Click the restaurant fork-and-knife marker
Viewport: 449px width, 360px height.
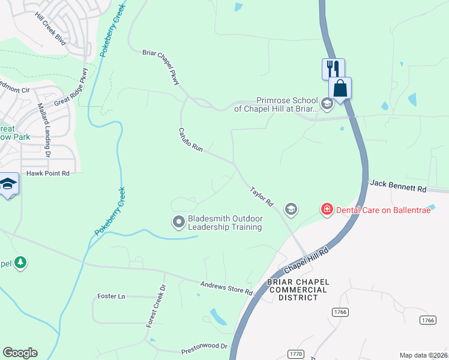[333, 68]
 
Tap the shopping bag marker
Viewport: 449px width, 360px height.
[340, 88]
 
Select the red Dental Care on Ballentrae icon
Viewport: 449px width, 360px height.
[327, 209]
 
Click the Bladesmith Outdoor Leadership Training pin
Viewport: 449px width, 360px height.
[178, 222]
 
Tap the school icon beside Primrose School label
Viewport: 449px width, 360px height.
[327, 104]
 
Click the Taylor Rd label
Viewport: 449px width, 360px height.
[262, 196]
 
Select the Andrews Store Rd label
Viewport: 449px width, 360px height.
[226, 288]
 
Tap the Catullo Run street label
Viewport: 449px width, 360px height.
[191, 139]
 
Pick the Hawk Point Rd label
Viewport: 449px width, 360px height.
[48, 173]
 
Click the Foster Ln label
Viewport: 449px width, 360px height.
[111, 296]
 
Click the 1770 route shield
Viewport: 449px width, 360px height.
[295, 354]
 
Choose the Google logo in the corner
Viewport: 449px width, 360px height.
[20, 353]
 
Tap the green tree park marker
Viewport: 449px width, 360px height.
[20, 262]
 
